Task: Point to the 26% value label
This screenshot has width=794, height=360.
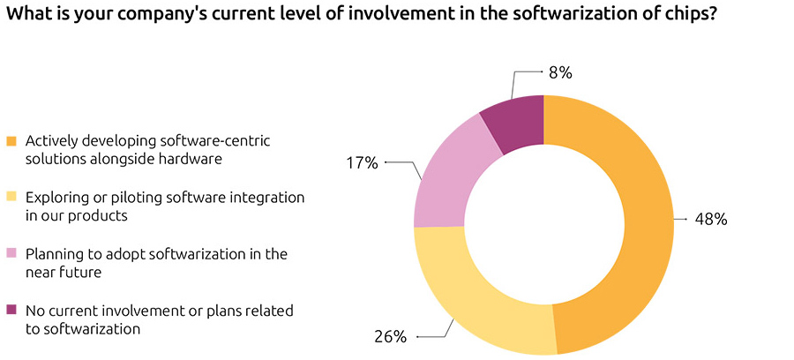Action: click(x=388, y=336)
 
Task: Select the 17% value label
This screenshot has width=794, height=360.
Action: click(x=361, y=162)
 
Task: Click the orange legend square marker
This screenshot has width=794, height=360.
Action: click(x=11, y=141)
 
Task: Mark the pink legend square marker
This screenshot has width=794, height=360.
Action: click(x=11, y=255)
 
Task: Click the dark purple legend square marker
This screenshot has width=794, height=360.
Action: click(x=11, y=311)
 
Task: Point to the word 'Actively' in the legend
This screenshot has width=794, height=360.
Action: click(x=50, y=140)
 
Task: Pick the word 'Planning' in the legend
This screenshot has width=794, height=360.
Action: click(x=53, y=254)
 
